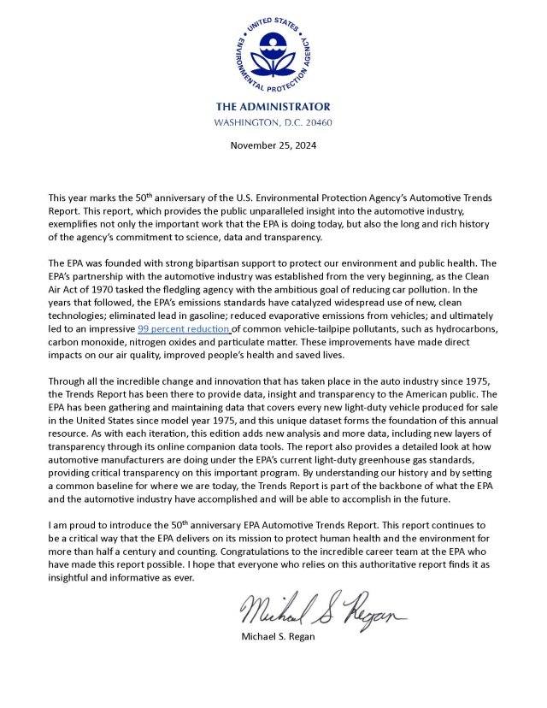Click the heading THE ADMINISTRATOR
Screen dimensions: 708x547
[273, 107]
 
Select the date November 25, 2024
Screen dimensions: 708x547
[273, 145]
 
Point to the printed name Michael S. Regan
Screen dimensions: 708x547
[281, 636]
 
